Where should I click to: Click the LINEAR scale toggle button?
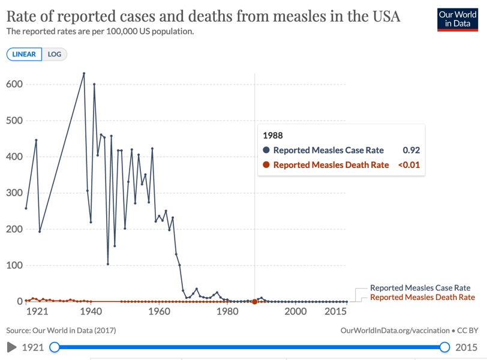pyautogui.click(x=24, y=54)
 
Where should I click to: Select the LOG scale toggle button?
pyautogui.click(x=55, y=54)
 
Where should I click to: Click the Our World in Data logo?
pyautogui.click(x=458, y=19)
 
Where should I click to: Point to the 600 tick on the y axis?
pyautogui.click(x=14, y=85)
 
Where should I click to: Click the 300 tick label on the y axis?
pyautogui.click(x=14, y=193)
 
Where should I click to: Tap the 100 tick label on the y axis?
pyautogui.click(x=14, y=265)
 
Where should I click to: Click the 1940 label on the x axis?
pyautogui.click(x=91, y=311)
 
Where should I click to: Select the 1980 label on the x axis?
pyautogui.click(x=227, y=311)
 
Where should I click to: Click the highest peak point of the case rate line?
pyautogui.click(x=84, y=73)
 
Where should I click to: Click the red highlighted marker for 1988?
pyautogui.click(x=255, y=301)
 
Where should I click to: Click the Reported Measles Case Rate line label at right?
pyautogui.click(x=420, y=288)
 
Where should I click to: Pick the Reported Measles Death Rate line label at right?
pyautogui.click(x=422, y=297)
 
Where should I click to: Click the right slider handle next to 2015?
pyautogui.click(x=444, y=347)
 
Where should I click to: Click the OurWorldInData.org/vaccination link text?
pyautogui.click(x=395, y=330)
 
